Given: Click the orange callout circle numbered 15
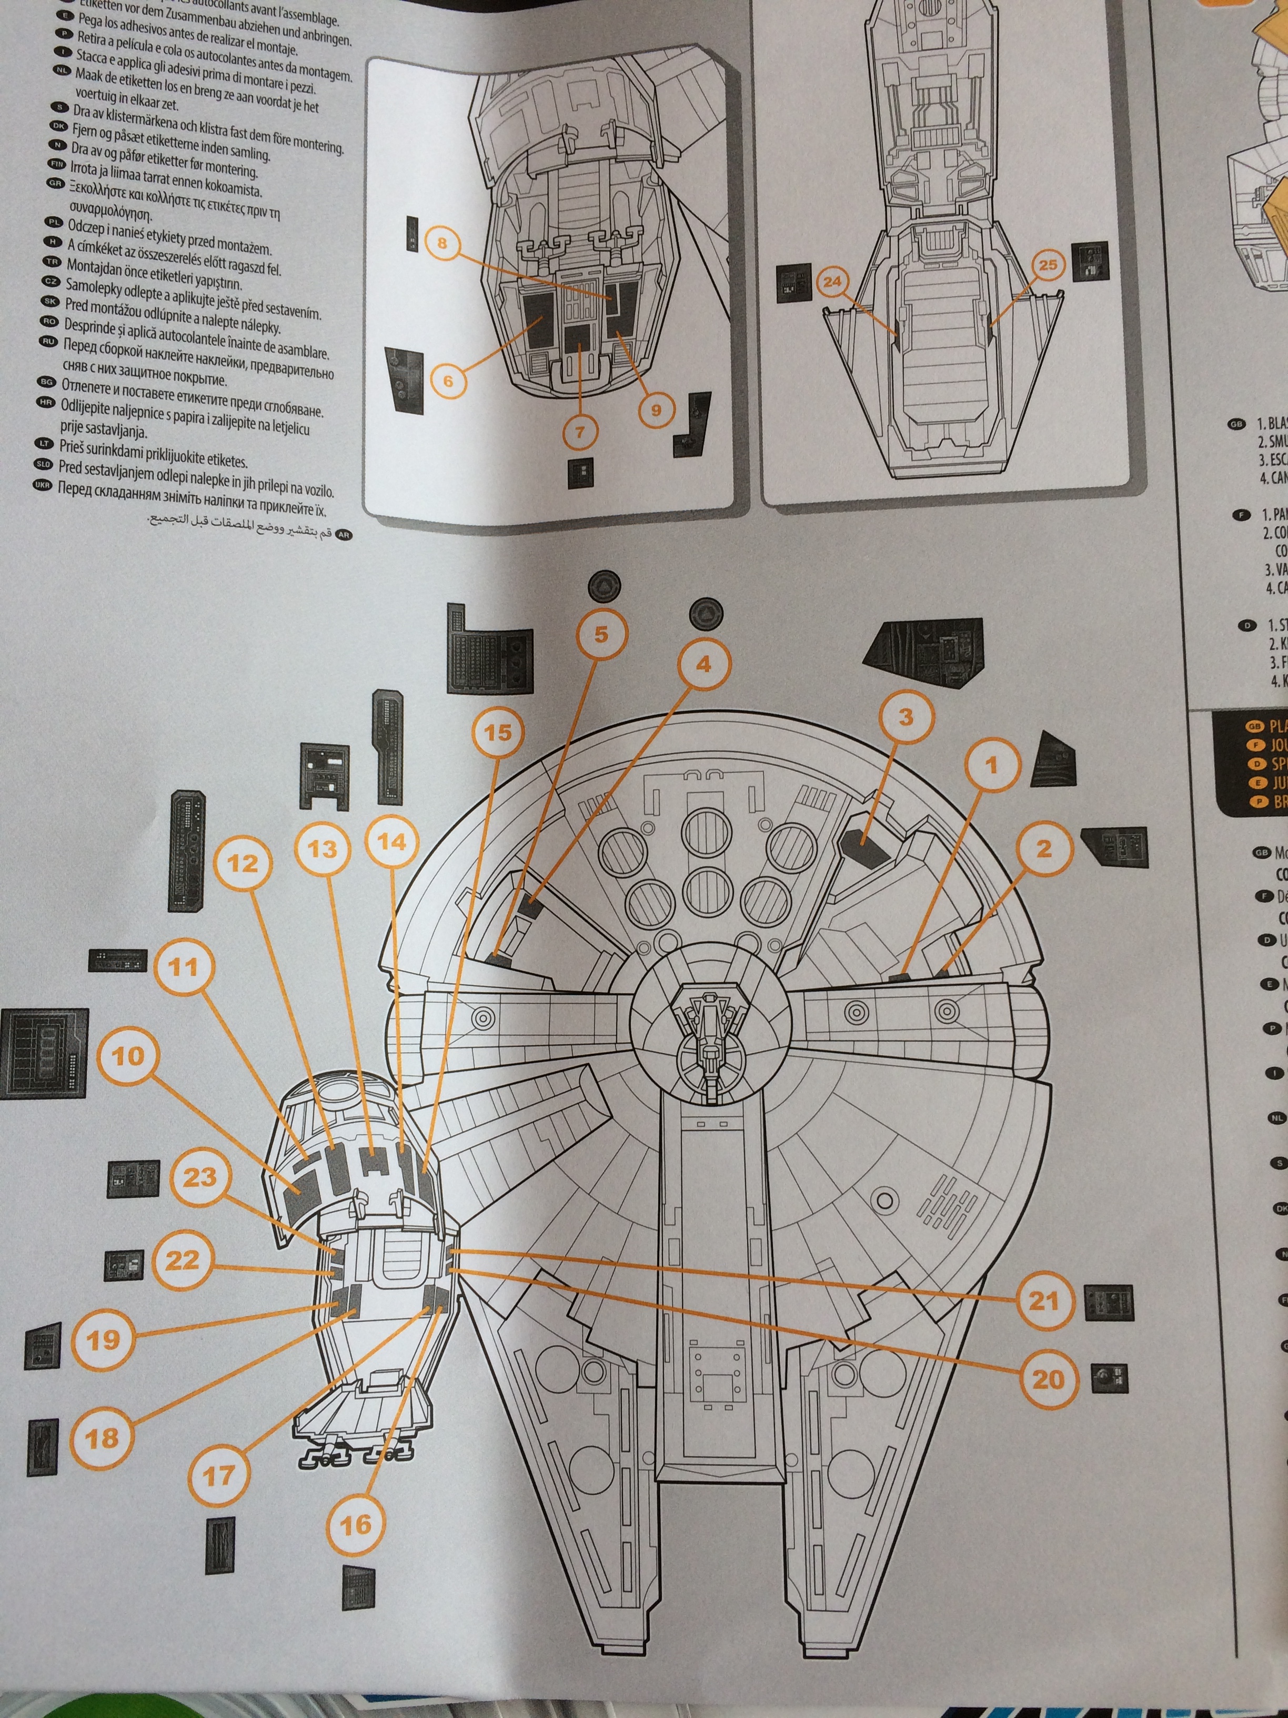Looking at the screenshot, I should (x=498, y=732).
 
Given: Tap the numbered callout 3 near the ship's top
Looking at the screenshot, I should (x=905, y=717).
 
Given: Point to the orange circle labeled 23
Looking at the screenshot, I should (x=199, y=1177).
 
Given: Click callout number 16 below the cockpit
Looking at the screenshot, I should (x=356, y=1525).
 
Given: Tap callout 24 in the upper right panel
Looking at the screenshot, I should (x=832, y=282).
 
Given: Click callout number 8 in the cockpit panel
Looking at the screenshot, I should (x=442, y=243).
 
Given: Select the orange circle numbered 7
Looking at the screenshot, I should (x=580, y=432).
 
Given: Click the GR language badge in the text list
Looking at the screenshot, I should (x=55, y=183).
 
